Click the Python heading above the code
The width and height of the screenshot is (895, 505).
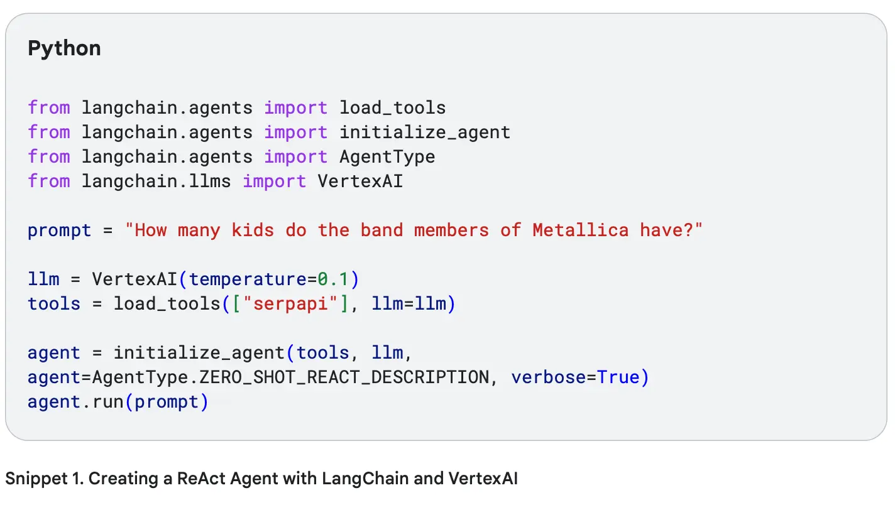click(x=64, y=49)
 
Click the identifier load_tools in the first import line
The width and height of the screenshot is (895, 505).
click(x=393, y=108)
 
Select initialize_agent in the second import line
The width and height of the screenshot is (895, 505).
click(x=425, y=132)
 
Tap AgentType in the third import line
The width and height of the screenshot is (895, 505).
click(x=387, y=157)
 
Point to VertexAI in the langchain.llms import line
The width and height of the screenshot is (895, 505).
click(x=360, y=182)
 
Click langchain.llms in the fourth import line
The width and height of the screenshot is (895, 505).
click(x=156, y=182)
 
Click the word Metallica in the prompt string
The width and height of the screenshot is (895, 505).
click(x=581, y=231)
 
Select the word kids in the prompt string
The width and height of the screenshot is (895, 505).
click(x=253, y=231)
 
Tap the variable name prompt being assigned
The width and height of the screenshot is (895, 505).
click(x=60, y=231)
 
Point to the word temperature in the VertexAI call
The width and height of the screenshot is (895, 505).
click(x=248, y=279)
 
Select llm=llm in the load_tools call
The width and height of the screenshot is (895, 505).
click(x=409, y=304)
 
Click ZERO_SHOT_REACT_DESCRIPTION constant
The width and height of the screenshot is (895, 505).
click(x=344, y=377)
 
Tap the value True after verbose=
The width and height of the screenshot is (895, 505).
click(x=618, y=377)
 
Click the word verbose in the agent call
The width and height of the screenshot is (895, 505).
click(x=549, y=377)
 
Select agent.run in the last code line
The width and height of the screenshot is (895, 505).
click(x=75, y=402)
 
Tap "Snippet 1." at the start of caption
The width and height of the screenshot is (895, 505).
click(x=45, y=479)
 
